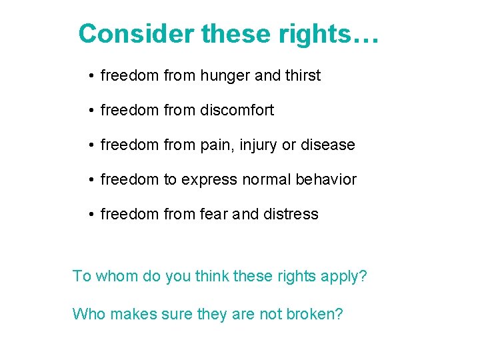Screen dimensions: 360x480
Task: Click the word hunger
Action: (223, 76)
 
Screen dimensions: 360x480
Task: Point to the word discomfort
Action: (237, 111)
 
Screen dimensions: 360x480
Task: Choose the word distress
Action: (291, 215)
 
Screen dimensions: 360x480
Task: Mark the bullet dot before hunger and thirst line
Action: (90, 77)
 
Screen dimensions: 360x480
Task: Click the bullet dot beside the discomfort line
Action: (90, 111)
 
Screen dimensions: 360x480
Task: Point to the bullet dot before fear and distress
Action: (90, 215)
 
